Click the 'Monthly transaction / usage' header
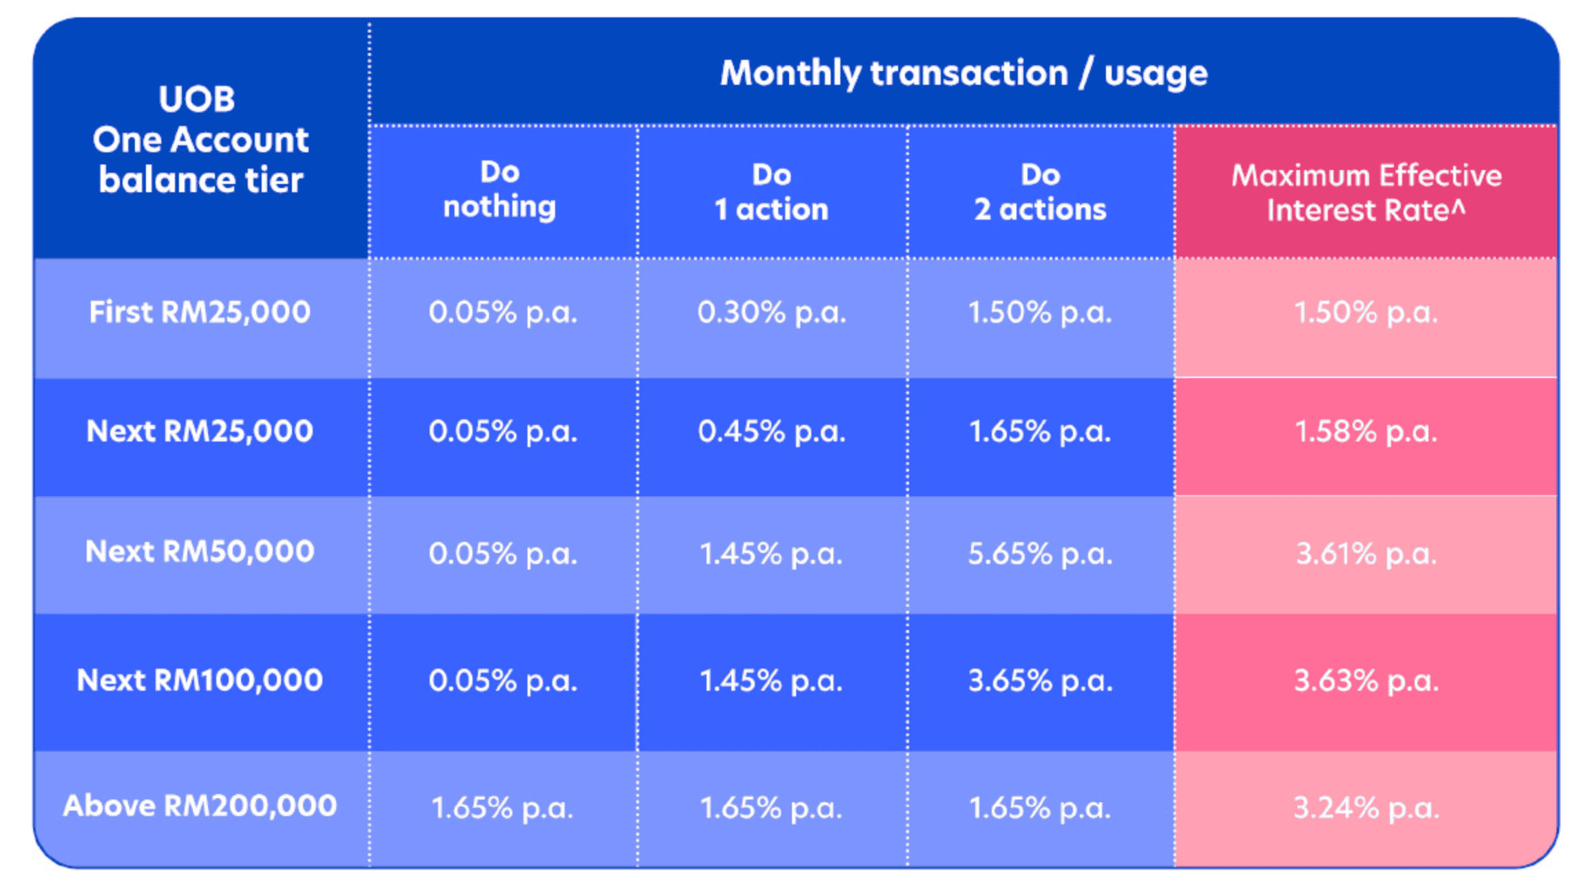coord(963,73)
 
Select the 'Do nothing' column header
coord(500,190)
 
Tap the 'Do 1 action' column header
coord(771,192)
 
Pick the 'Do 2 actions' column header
coord(1040,192)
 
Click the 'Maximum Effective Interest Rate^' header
coord(1366,193)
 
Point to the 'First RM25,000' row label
coord(200,312)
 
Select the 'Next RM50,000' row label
coord(200,552)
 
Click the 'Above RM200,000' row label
coord(200,806)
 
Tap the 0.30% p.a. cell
coord(771,313)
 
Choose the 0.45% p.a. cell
coord(771,432)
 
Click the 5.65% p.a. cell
coord(1040,554)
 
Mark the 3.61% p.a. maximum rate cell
coord(1366,554)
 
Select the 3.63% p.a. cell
coord(1366,681)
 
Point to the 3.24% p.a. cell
coord(1366,808)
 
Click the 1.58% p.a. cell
coord(1366,432)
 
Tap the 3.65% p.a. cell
coord(1040,681)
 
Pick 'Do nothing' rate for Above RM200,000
coord(502,808)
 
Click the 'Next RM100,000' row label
coord(200,680)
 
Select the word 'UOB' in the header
coord(197,99)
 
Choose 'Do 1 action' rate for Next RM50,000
coord(771,554)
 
